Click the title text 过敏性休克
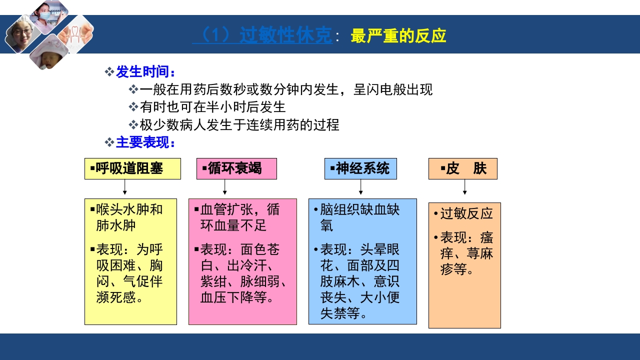285,36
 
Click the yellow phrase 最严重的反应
398,36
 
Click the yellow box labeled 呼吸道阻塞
132,168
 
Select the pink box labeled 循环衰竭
236,168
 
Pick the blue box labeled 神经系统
360,168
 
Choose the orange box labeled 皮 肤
462,168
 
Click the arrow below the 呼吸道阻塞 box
124,187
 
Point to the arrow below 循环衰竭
225,187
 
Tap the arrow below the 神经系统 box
360,187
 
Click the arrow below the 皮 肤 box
464,187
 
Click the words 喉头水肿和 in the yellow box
129,209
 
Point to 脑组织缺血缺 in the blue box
359,209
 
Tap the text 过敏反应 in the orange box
466,213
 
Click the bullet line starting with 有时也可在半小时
212,107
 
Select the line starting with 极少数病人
239,124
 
